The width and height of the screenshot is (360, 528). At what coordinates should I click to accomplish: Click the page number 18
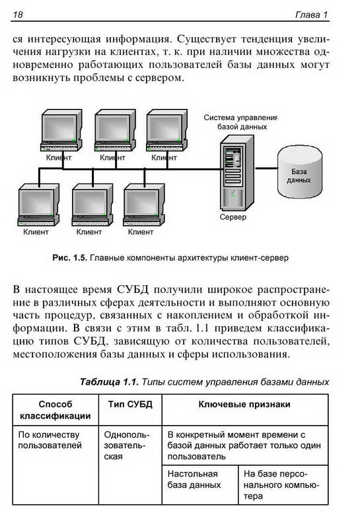click(18, 15)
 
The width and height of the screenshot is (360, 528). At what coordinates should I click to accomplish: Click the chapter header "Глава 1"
click(311, 15)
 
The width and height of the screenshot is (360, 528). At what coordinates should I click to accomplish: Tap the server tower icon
click(237, 174)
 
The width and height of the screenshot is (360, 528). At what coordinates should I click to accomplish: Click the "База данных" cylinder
click(299, 172)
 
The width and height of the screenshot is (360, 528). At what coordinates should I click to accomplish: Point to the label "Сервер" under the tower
click(233, 217)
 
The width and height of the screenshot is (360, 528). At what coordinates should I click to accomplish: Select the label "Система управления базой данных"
click(240, 122)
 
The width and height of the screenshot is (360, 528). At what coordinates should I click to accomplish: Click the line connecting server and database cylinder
click(266, 168)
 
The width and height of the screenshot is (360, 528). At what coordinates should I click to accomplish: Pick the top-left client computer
click(61, 130)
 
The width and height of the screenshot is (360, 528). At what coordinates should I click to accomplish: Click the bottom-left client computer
click(38, 205)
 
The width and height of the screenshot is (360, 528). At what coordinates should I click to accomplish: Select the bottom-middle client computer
click(92, 205)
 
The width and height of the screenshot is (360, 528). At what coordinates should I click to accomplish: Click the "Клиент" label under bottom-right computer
click(141, 232)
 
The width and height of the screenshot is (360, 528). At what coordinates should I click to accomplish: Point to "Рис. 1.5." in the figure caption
click(70, 258)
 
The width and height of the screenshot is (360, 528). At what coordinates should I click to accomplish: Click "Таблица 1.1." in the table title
click(109, 382)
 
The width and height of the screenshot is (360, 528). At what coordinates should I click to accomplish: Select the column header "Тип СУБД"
click(130, 404)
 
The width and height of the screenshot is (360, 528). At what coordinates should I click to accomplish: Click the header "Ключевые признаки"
click(244, 404)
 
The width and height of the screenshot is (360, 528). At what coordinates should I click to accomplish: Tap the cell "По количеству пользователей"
click(50, 440)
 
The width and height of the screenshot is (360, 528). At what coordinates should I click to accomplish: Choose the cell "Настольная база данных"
click(194, 479)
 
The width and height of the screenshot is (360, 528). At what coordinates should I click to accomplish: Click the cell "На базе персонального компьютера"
click(281, 485)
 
